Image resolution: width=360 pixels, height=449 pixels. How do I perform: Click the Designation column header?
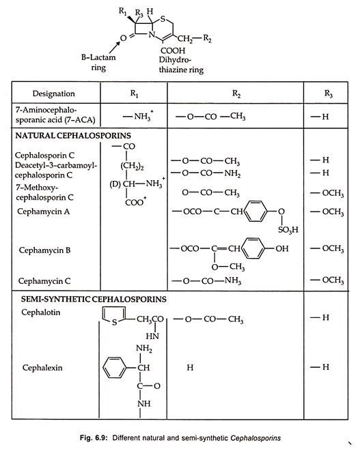(x=53, y=93)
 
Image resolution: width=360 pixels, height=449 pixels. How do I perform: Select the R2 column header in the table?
(x=236, y=93)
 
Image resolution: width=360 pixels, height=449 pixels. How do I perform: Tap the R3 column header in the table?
(x=328, y=93)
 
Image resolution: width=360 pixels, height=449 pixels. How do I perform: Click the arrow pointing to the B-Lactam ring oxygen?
(x=115, y=47)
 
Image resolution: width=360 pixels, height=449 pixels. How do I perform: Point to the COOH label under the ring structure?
(x=173, y=50)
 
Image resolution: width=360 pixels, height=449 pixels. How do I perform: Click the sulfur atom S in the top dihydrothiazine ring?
(x=163, y=19)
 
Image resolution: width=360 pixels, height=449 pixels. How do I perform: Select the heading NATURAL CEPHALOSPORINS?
(x=73, y=135)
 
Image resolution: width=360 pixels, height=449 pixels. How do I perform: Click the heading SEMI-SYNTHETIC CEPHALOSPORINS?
(x=94, y=300)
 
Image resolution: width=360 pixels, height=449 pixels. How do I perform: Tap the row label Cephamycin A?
(x=44, y=212)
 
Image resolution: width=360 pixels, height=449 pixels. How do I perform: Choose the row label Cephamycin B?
(x=44, y=250)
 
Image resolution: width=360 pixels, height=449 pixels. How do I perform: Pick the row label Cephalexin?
(x=42, y=367)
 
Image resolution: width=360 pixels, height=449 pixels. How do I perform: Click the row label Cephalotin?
(x=41, y=312)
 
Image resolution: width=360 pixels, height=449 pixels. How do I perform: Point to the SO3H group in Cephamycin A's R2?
(x=288, y=229)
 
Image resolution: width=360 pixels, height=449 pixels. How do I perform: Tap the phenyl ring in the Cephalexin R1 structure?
(x=115, y=367)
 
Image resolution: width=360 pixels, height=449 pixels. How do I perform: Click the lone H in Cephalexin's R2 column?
(x=190, y=367)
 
